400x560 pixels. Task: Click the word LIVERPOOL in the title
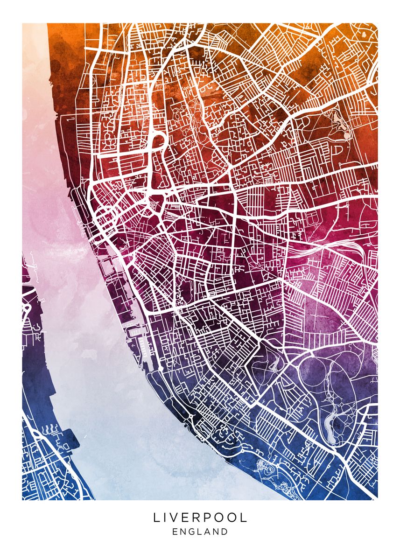click(x=200, y=518)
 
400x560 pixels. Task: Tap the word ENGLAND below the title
click(x=200, y=532)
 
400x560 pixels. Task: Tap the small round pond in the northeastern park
click(x=347, y=135)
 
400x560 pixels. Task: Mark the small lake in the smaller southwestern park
click(x=274, y=363)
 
